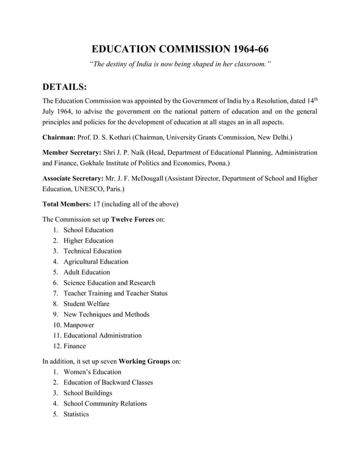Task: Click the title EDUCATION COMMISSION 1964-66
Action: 180,49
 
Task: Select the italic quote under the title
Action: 180,65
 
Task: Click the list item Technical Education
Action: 92,251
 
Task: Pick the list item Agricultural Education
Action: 95,262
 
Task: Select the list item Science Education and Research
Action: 109,283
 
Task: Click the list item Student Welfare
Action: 86,304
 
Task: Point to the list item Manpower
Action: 78,325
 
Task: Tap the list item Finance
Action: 74,346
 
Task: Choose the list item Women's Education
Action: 92,372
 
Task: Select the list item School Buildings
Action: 87,393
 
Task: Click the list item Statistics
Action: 76,414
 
